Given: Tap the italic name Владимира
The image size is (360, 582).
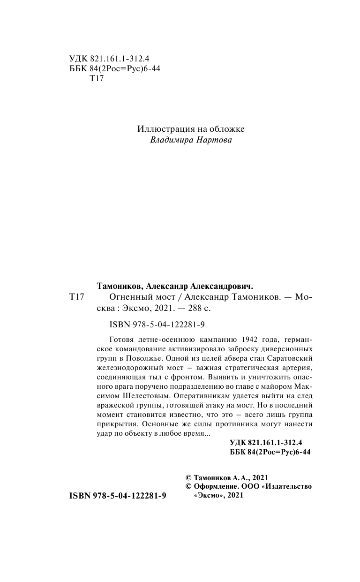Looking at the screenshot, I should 171,140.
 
